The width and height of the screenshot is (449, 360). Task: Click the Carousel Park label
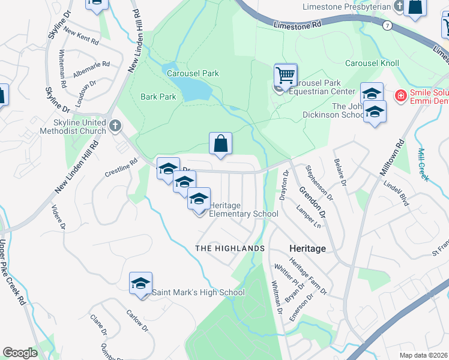tap(193, 73)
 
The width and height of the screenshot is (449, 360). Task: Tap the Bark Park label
tap(158, 96)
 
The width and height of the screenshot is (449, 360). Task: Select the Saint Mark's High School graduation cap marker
tap(140, 284)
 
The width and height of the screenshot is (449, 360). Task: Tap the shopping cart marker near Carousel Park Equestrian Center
tap(286, 76)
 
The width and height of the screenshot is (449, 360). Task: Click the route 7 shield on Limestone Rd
tap(388, 25)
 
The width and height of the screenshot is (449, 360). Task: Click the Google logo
tap(20, 353)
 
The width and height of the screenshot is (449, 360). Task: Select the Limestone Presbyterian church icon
tap(399, 6)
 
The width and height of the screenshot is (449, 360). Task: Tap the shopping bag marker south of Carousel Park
tap(221, 144)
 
